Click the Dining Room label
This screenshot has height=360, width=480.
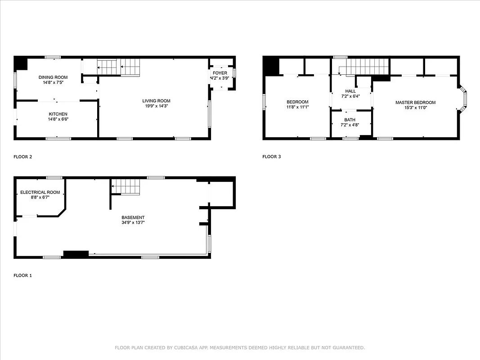coord(53,77)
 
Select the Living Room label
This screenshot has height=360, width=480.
coord(156,101)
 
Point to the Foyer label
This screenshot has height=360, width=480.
coord(220,73)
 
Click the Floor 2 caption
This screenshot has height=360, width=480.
coord(22,157)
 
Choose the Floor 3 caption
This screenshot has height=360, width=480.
coord(271,157)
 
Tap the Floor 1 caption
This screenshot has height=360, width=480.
coord(22,275)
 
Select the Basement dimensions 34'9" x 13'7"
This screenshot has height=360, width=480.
coord(133,222)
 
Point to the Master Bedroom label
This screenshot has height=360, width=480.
coord(415,103)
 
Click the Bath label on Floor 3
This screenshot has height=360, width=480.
coord(350,120)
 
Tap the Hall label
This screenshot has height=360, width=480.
coord(350,91)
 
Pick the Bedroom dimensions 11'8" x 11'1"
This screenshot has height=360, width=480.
coord(297,107)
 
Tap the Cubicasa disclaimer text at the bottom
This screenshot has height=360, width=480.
coord(240,347)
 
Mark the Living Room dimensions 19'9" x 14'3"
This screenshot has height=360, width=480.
coord(156,106)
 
